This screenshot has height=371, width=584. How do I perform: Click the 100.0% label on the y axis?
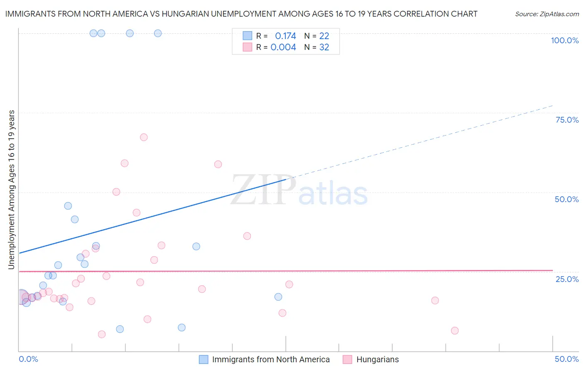point(564,40)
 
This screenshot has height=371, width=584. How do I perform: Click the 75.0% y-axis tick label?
point(567,120)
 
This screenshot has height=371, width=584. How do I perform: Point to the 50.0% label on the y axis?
point(567,199)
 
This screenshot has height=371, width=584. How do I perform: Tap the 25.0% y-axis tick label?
point(567,279)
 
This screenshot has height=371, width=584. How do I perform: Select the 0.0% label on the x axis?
point(28,359)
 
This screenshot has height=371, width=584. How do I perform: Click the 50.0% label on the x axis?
point(567,359)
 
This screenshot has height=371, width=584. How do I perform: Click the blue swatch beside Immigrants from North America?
point(204,359)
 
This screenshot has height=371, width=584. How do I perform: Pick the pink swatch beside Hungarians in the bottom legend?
point(347,359)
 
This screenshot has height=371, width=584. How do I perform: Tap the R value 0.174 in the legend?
point(285,36)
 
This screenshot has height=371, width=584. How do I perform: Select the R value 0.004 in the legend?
point(283,47)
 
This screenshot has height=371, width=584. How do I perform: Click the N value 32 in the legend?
point(324,47)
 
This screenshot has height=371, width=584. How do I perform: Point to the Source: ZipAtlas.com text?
point(547,14)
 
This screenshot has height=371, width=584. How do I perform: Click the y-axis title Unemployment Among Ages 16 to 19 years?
point(11,189)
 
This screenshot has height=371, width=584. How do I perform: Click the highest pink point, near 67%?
point(144,137)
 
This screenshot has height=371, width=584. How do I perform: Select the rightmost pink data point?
point(455,331)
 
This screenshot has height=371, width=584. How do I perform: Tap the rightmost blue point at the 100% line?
point(158,33)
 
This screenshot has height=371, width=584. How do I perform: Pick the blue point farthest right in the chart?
point(278,297)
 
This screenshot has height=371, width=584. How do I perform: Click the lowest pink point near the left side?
point(102,334)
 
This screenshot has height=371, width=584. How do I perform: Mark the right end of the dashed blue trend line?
point(552,106)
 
